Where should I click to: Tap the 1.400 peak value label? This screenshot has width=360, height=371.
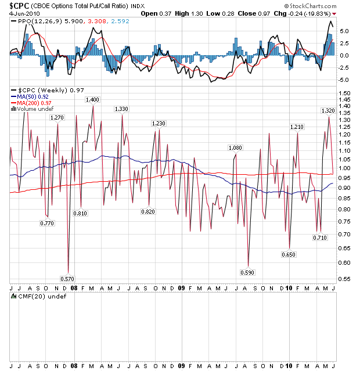click(x=92, y=100)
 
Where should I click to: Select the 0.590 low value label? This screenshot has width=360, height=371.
click(x=247, y=272)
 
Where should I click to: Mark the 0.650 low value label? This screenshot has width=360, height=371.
click(x=289, y=254)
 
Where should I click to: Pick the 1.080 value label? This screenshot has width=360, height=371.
click(x=235, y=148)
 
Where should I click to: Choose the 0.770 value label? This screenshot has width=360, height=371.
click(x=47, y=222)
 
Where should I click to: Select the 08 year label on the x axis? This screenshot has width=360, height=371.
click(x=74, y=287)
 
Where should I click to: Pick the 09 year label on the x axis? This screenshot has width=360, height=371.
click(x=181, y=287)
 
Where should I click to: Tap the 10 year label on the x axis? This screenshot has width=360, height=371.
click(x=289, y=287)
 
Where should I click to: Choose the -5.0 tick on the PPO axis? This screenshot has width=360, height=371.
click(x=344, y=80)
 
